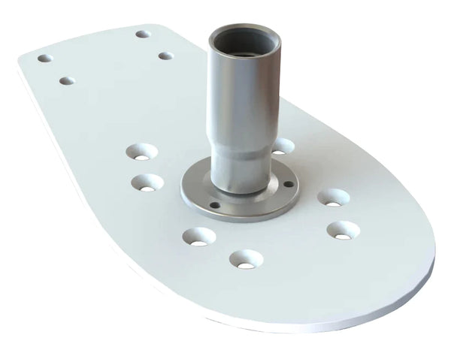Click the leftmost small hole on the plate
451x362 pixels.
click(45, 58)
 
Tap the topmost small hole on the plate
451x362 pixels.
click(143, 34)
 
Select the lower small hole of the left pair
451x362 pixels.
click(67, 80)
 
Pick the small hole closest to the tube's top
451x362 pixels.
click(165, 56)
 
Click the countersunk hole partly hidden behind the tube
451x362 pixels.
click(283, 146)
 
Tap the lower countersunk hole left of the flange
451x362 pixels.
click(147, 183)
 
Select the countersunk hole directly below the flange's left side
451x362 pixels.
click(199, 237)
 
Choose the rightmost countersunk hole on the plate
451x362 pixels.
click(343, 231)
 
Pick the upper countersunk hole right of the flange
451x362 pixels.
click(333, 198)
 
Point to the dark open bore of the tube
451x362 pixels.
click(244, 37)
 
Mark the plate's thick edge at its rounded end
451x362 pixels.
click(406, 289)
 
